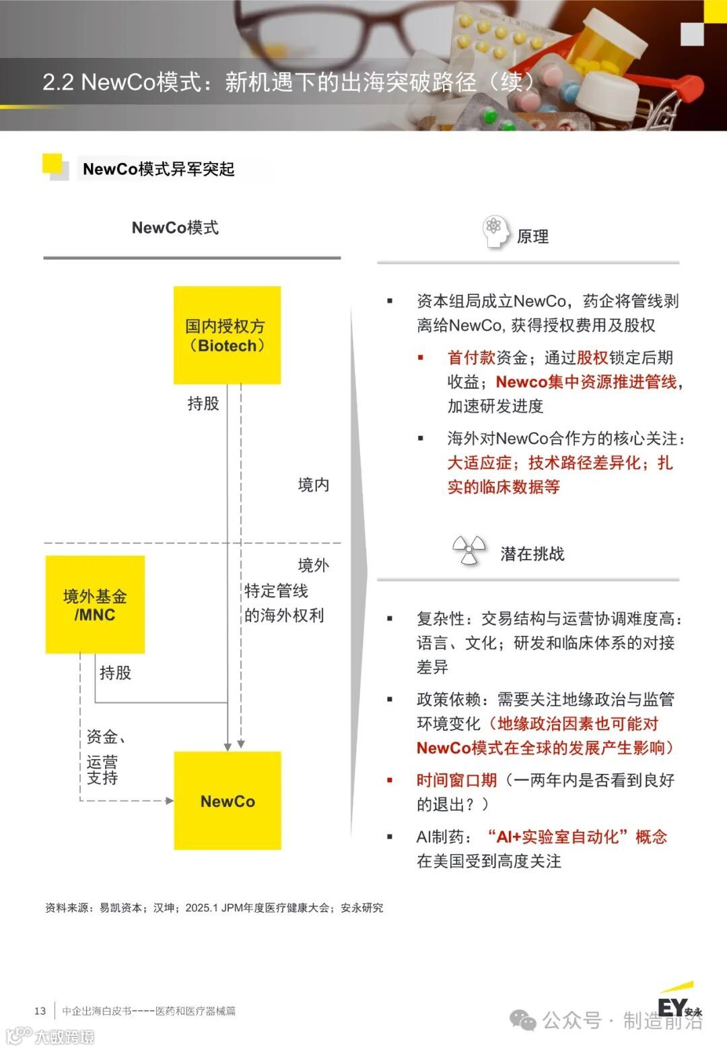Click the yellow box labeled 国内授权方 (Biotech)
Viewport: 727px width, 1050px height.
[227, 335]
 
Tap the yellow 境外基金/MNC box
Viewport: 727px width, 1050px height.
[95, 604]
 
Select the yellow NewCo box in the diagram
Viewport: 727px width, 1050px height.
[228, 801]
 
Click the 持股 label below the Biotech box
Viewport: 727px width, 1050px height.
[203, 403]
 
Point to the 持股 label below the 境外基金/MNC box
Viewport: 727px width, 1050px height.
[115, 672]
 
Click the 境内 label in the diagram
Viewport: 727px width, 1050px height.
[313, 485]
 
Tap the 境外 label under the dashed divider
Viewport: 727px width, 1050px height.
[313, 565]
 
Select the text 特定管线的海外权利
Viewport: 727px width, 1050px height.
[283, 603]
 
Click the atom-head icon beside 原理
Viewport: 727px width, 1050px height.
[495, 231]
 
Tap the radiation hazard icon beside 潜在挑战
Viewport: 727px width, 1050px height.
[469, 550]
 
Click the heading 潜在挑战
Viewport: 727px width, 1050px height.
[532, 554]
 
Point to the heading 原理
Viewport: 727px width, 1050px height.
[532, 236]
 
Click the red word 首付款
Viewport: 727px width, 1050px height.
[471, 358]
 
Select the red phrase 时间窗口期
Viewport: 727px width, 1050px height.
[456, 780]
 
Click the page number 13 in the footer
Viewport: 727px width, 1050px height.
[40, 1010]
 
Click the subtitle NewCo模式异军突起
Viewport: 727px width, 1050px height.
[158, 169]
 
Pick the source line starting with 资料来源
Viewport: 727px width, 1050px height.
[214, 908]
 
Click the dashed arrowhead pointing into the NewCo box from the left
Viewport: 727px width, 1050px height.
[170, 801]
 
